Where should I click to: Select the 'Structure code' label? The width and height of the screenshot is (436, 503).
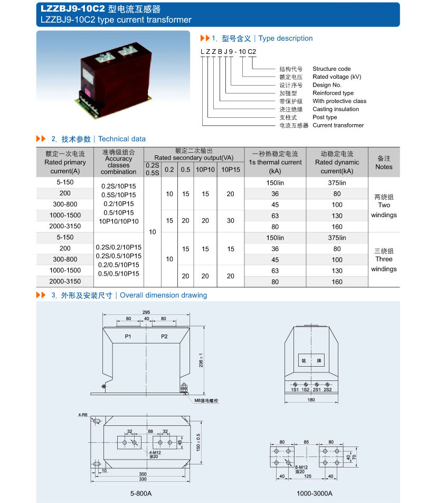(x=331, y=69)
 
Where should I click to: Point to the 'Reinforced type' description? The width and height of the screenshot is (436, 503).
(x=333, y=93)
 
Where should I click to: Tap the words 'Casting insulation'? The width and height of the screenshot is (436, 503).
(x=336, y=109)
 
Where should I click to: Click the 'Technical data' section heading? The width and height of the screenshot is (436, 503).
(x=121, y=139)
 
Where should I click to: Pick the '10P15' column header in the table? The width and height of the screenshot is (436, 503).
(x=231, y=170)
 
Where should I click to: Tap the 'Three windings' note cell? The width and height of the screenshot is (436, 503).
(x=384, y=259)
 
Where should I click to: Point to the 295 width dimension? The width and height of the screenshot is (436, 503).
(x=146, y=312)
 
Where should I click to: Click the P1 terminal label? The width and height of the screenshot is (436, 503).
(x=128, y=337)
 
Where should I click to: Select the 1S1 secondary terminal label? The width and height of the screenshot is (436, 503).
(x=295, y=389)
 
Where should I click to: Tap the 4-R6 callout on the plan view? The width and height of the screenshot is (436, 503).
(x=83, y=415)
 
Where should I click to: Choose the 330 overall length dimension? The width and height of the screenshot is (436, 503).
(x=143, y=479)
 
